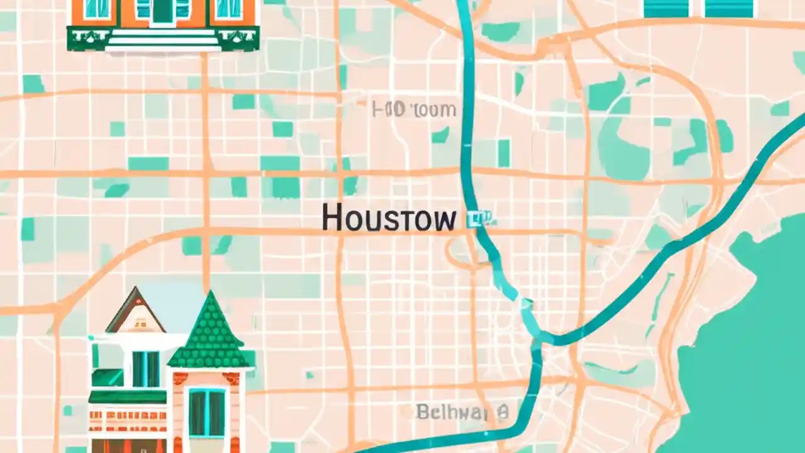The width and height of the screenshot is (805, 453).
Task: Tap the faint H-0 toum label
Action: (x=414, y=109)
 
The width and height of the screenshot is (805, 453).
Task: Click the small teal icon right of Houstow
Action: (x=479, y=218)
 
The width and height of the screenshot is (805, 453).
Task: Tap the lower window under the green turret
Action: (x=207, y=412)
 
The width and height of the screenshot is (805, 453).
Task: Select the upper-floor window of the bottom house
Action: (x=145, y=369)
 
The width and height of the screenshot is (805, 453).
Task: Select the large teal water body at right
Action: (x=748, y=352)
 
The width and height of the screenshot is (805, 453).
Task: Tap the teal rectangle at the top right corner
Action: (x=729, y=8)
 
